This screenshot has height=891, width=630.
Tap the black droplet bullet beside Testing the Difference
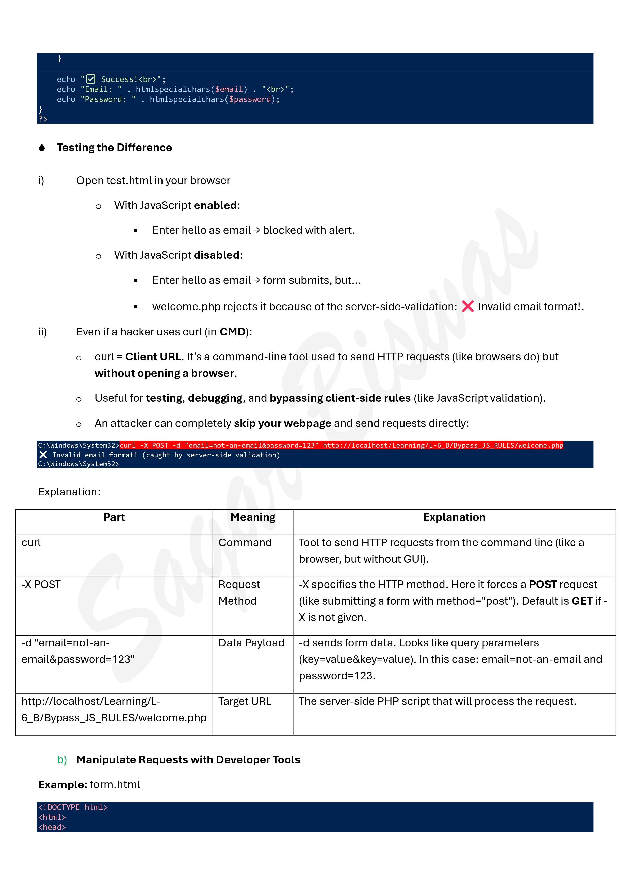[42, 148]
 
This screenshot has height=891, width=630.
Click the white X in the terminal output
[43, 455]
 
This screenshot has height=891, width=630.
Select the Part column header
[114, 517]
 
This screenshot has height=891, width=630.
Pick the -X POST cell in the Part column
[41, 585]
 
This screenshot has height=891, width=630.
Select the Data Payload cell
[251, 643]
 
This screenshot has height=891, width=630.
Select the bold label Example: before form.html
[62, 784]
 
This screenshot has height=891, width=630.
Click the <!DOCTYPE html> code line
[73, 807]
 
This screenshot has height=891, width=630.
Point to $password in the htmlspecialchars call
[250, 99]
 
